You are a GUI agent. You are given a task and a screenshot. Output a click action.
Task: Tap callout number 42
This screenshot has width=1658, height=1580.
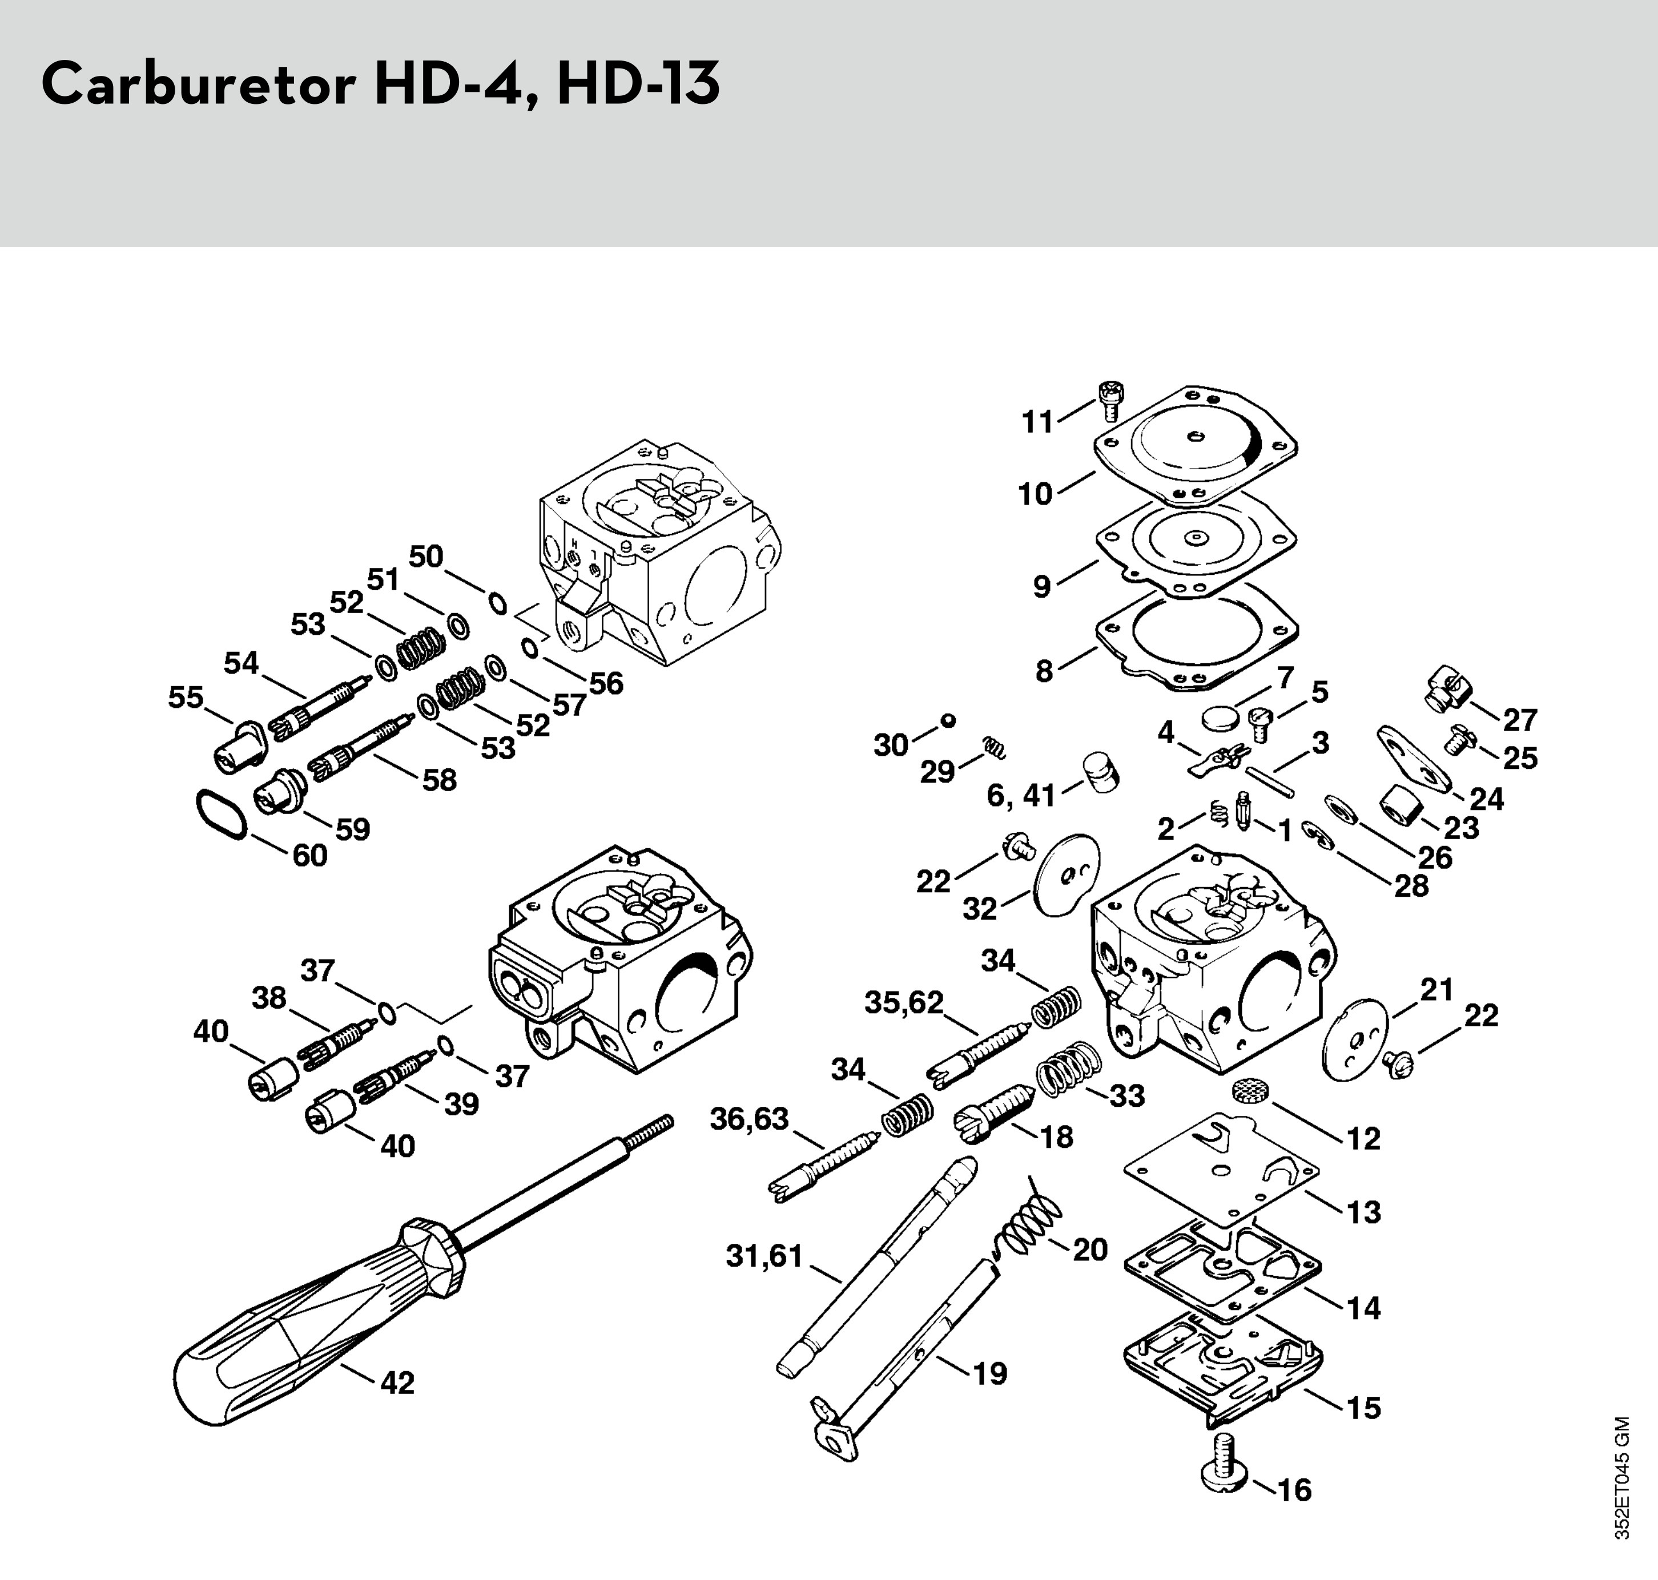pos(397,1383)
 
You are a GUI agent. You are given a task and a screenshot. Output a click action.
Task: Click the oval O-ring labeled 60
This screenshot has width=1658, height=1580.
pos(221,813)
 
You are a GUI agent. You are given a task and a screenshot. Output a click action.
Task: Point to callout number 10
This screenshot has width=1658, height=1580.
pos(1036,494)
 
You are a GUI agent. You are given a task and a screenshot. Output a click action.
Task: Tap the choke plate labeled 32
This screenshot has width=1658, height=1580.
pos(1066,877)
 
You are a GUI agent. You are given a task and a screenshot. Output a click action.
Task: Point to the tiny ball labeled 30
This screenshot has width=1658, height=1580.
pos(948,720)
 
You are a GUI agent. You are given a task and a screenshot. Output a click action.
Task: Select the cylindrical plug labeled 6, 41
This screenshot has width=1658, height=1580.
pos(1100,772)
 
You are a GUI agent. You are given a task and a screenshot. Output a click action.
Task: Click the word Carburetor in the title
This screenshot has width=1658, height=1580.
pos(199,84)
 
